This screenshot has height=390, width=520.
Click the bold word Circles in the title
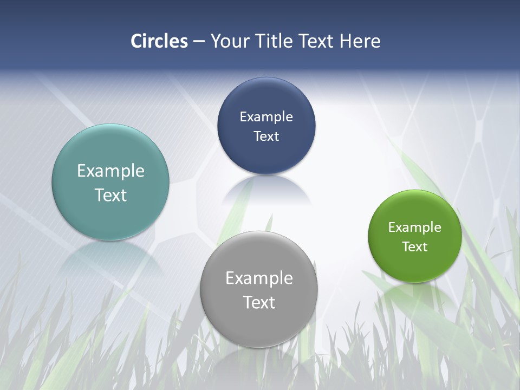click(159, 41)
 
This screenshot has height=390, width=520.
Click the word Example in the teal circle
click(110, 171)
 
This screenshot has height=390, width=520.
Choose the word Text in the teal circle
click(110, 195)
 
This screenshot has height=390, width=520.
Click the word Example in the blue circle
click(266, 117)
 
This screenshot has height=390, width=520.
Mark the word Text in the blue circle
click(266, 136)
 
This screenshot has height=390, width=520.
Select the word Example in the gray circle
click(259, 278)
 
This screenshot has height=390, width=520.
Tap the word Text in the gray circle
click(259, 302)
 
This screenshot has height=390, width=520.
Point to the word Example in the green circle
click(414, 227)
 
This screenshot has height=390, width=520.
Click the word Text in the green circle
click(414, 247)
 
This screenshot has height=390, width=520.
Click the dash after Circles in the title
click(199, 41)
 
